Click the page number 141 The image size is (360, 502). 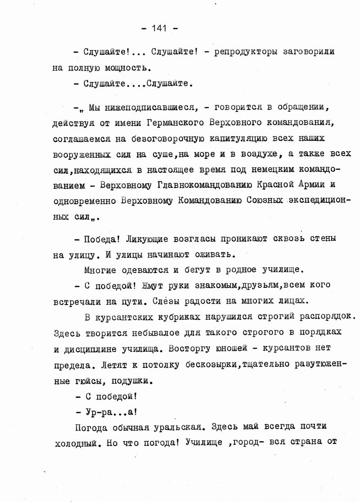pyautogui.click(x=159, y=28)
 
